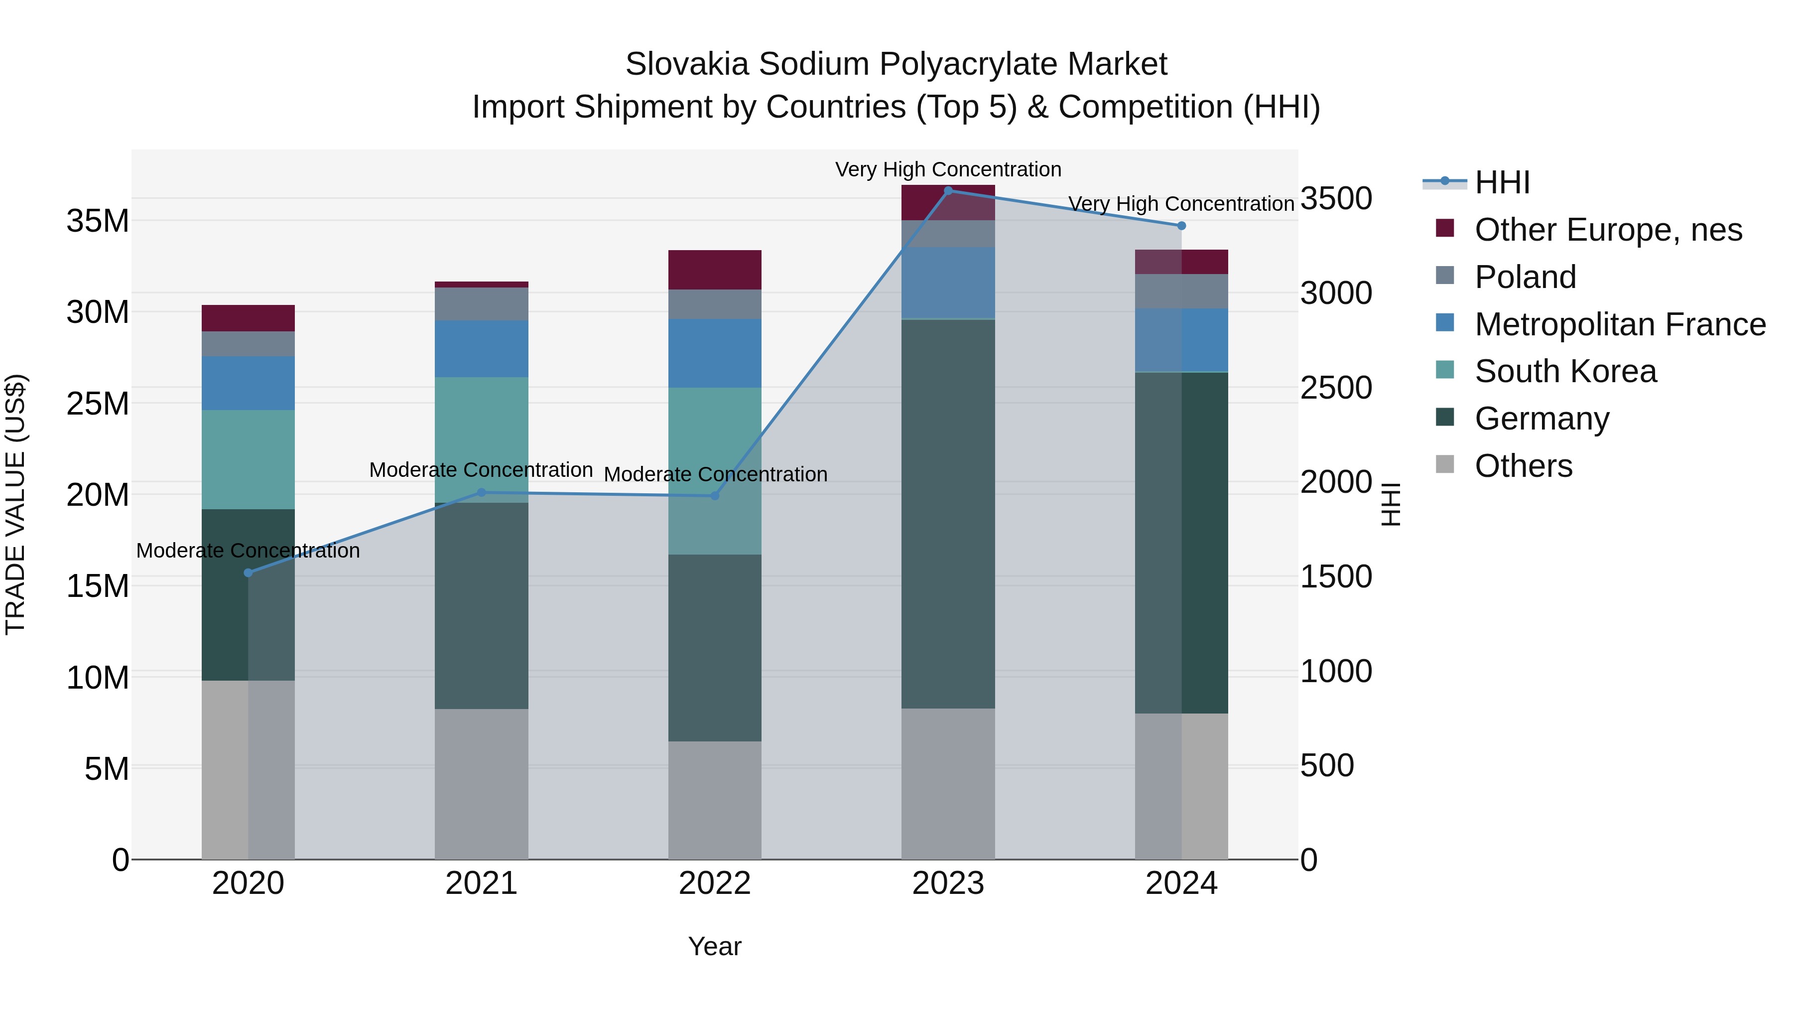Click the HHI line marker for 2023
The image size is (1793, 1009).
(x=947, y=190)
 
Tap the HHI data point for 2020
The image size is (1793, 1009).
(x=248, y=573)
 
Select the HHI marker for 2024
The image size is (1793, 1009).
(x=1181, y=226)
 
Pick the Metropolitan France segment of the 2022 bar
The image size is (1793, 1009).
(x=714, y=353)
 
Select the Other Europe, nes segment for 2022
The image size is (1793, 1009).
(x=714, y=270)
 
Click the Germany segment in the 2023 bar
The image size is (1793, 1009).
(x=947, y=515)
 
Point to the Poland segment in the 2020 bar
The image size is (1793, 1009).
(x=248, y=344)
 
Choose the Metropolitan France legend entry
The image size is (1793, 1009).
(x=1619, y=324)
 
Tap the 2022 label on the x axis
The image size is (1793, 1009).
(x=714, y=883)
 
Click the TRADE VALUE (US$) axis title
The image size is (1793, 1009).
(x=15, y=504)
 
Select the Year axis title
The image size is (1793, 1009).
(x=714, y=946)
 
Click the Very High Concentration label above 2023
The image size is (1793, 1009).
(x=947, y=169)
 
